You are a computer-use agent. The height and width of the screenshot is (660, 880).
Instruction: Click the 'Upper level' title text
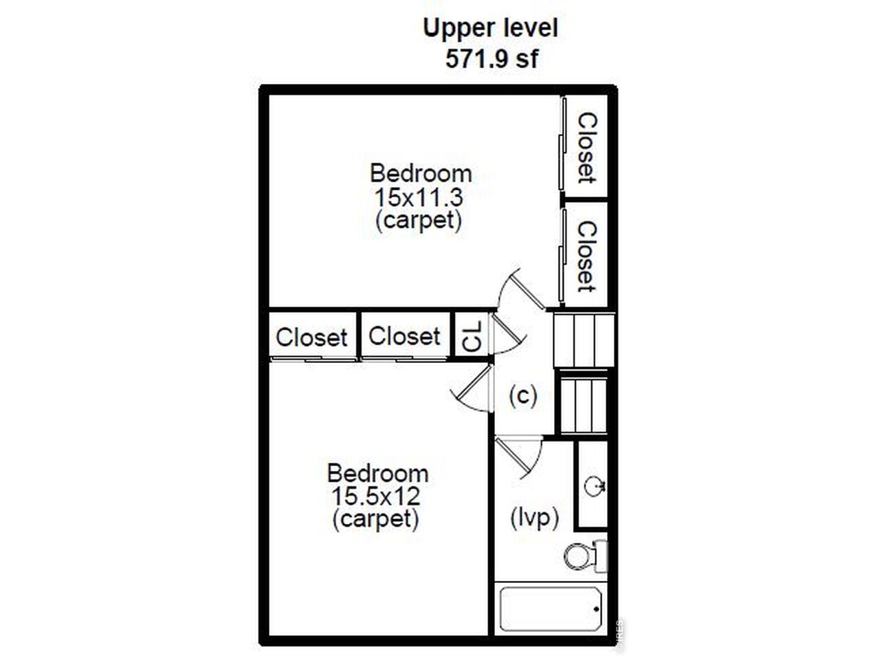(x=490, y=29)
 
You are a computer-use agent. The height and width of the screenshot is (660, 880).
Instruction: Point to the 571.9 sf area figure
(x=492, y=58)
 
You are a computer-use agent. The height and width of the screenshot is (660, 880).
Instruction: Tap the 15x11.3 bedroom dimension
(x=419, y=197)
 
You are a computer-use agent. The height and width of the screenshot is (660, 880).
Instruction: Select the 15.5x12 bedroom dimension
(x=375, y=496)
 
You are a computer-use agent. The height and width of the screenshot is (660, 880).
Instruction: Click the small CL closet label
(x=472, y=338)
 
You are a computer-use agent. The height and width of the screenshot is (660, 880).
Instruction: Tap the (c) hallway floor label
(x=522, y=396)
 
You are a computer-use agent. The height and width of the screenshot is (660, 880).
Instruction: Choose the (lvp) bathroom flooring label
(x=534, y=518)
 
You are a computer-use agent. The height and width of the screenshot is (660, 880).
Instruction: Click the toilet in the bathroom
(x=586, y=555)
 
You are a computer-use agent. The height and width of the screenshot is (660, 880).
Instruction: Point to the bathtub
(x=551, y=608)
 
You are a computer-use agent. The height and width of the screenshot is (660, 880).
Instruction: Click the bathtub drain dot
(x=596, y=609)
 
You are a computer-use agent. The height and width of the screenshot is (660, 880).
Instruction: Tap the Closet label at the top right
(x=587, y=148)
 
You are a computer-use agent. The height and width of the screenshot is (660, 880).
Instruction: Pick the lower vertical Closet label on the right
(x=587, y=257)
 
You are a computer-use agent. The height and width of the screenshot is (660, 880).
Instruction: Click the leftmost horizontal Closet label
(x=311, y=338)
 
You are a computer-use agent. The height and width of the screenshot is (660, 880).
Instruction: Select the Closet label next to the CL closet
(x=404, y=336)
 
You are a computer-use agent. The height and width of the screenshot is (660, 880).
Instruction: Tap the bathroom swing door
(x=518, y=457)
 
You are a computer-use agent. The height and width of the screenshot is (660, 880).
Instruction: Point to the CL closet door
(x=508, y=333)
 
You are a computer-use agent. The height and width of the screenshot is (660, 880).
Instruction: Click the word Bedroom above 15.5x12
(x=377, y=474)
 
